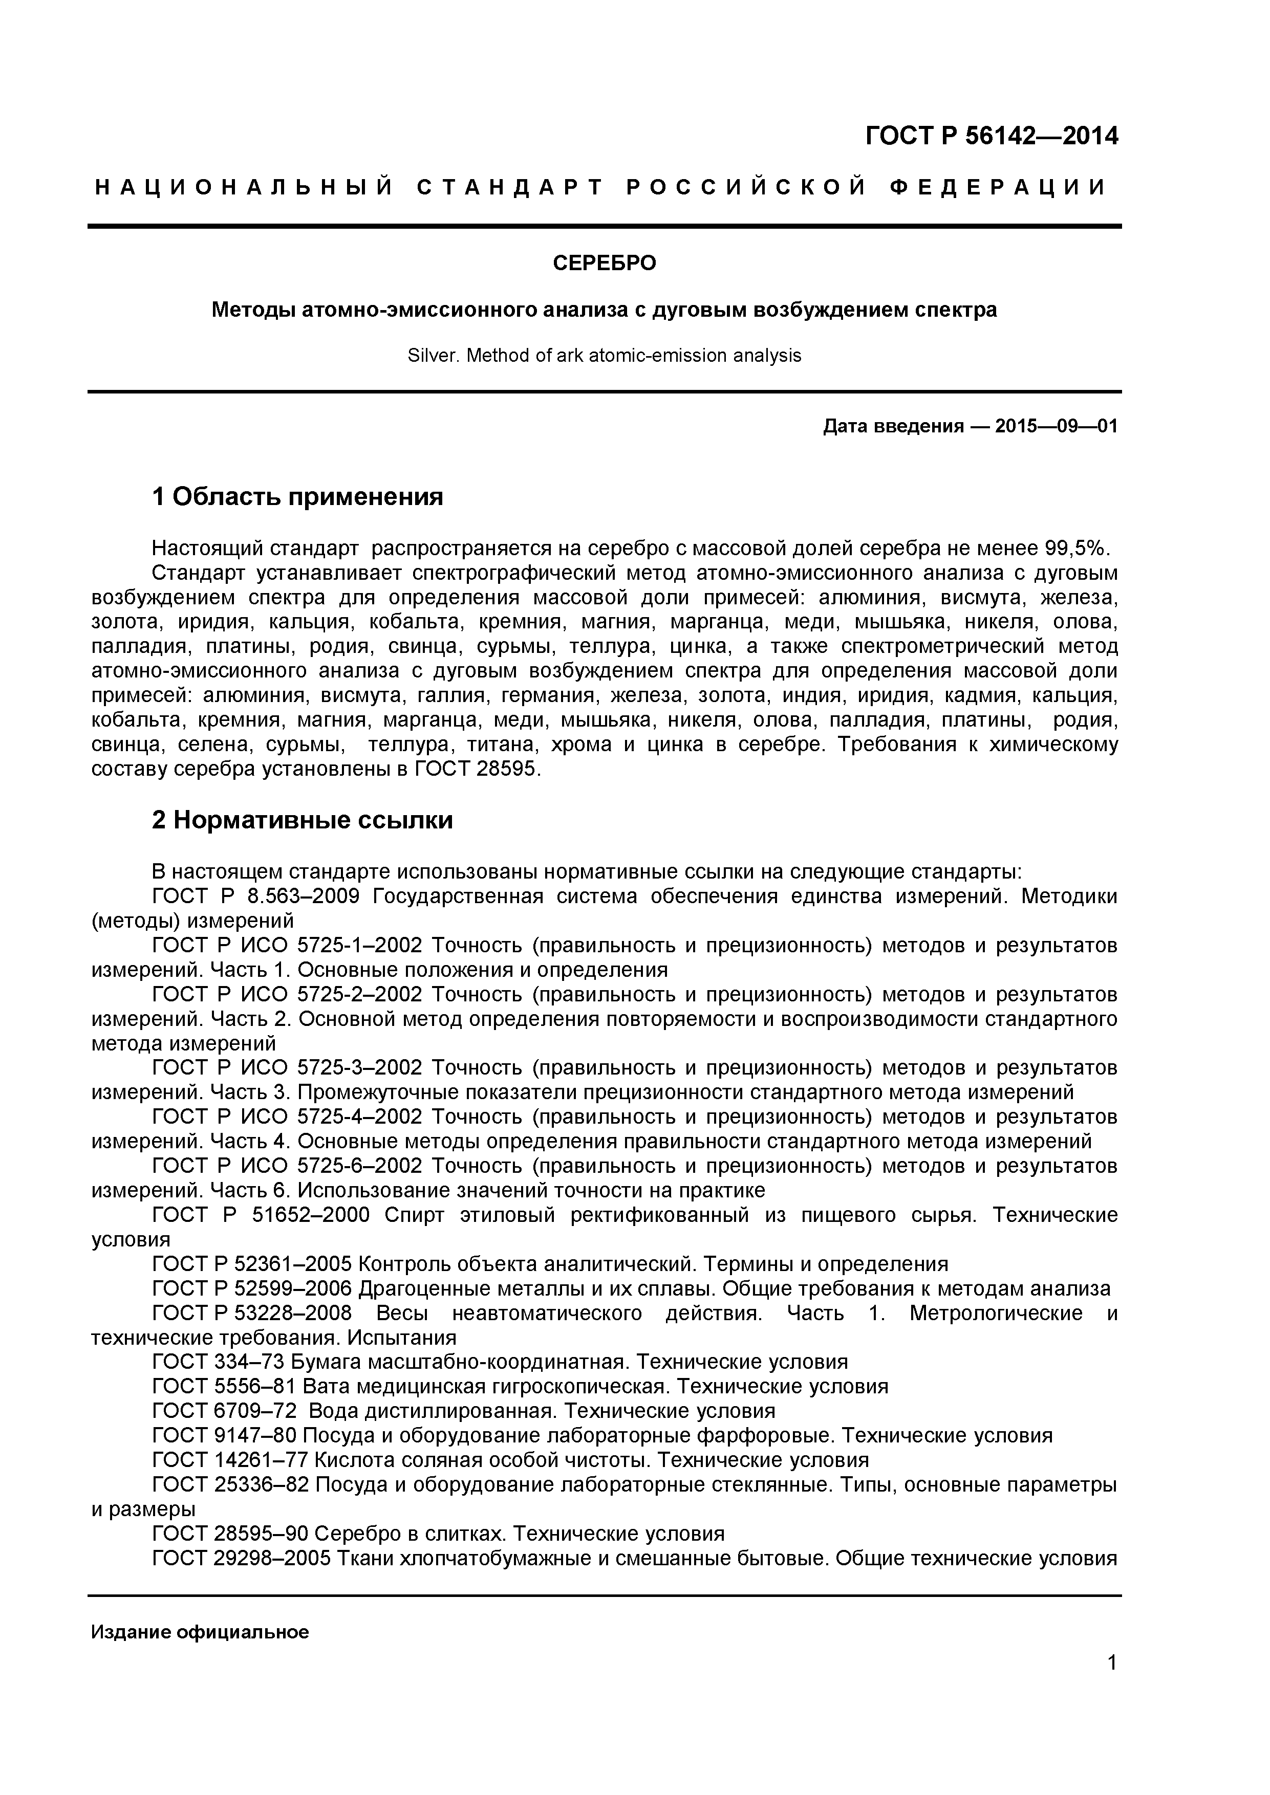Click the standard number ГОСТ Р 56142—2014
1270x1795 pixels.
[991, 137]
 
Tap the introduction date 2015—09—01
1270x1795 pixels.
[1056, 426]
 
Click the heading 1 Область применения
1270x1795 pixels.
[297, 496]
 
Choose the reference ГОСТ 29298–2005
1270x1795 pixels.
[243, 1558]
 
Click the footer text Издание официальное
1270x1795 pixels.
[200, 1632]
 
